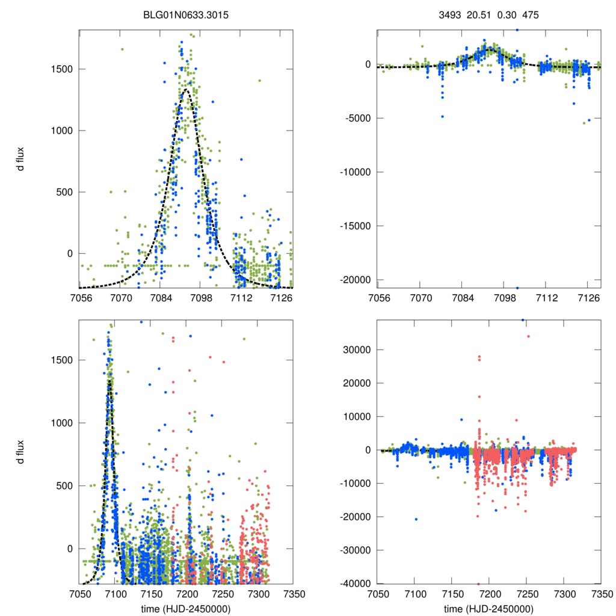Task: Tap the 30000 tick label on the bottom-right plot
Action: (x=355, y=350)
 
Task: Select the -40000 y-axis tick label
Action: (x=353, y=584)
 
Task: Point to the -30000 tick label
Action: (x=353, y=550)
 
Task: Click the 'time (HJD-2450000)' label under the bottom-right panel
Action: (x=489, y=608)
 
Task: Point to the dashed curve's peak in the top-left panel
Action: (x=186, y=90)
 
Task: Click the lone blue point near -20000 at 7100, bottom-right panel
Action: (x=416, y=519)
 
